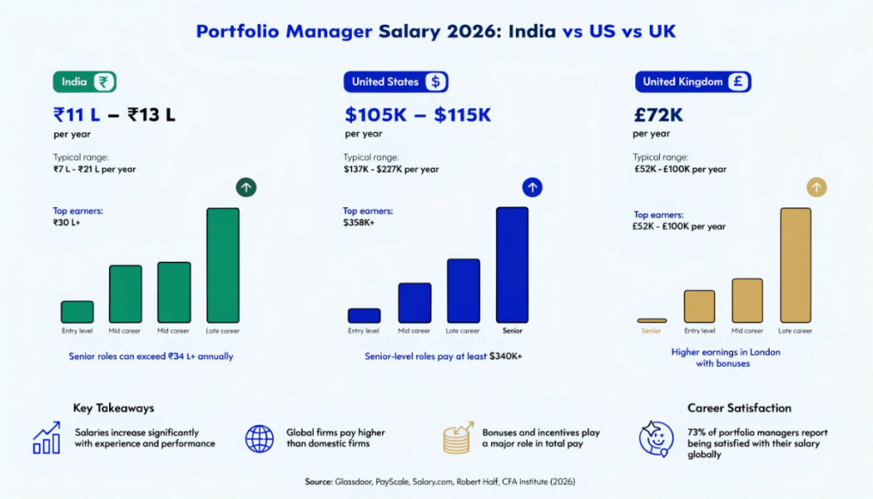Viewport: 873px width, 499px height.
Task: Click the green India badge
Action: [x=84, y=82]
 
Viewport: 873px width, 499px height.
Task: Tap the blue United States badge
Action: [x=396, y=82]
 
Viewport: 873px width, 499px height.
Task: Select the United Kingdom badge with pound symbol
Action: [x=692, y=82]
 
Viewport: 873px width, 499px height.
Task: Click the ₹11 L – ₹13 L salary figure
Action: [x=114, y=114]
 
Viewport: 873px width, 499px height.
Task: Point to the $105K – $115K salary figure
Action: [x=418, y=114]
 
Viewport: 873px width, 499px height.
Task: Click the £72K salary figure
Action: [x=658, y=114]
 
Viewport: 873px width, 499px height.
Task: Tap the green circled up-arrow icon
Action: [x=246, y=188]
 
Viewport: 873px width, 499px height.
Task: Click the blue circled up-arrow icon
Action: [x=533, y=188]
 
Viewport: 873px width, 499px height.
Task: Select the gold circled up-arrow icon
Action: [x=817, y=187]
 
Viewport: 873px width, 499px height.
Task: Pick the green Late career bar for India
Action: [x=223, y=265]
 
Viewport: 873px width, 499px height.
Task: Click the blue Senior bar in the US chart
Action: [x=512, y=264]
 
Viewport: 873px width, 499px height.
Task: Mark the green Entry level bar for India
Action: [x=77, y=311]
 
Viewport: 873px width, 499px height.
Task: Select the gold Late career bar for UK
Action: [x=795, y=264]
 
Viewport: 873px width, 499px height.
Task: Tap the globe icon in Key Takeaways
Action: [x=259, y=438]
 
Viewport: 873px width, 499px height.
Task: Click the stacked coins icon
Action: [x=458, y=438]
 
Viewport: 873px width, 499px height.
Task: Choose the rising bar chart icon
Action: [x=46, y=438]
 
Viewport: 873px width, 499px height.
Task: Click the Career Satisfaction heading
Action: [x=739, y=409]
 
